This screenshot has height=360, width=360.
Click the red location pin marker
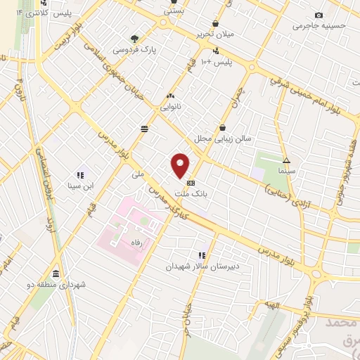tap(181, 165)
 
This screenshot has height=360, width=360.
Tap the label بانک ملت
tap(191, 191)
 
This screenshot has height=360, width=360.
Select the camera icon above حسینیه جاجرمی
tap(319, 15)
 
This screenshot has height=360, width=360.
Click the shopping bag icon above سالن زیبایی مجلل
tap(223, 127)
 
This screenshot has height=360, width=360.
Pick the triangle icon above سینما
tap(285, 160)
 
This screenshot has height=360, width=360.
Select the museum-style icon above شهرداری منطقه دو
tap(56, 274)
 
